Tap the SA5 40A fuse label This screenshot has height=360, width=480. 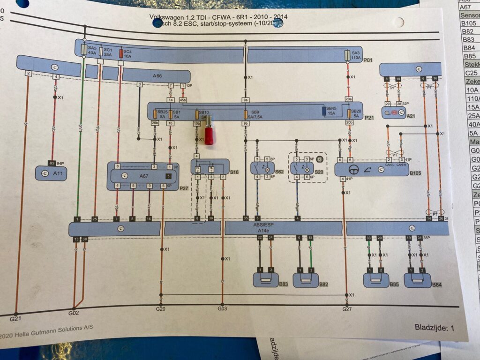pos(92,51)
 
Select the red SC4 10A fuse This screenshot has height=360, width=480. pos(121,52)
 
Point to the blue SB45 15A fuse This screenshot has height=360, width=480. pos(324,111)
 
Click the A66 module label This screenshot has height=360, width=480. pos(157,75)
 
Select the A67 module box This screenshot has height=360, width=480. pos(142,176)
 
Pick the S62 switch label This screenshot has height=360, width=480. pos(279,172)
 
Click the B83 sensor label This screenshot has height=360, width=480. pos(283,284)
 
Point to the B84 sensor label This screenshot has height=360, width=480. pos(437,285)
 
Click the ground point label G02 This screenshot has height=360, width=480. pos(74,313)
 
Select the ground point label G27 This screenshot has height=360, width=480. pos(347,309)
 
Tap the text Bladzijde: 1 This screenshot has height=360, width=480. pos(434,328)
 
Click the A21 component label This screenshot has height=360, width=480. pos(411,115)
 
